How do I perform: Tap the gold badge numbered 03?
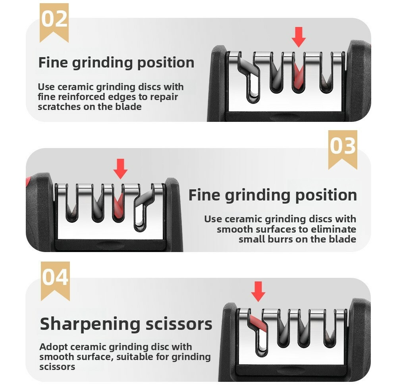(343, 150)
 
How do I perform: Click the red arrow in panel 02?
(299, 37)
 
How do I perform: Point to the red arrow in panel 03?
(121, 169)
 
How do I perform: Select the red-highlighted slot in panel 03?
(118, 206)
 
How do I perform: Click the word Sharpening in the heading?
(90, 325)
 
